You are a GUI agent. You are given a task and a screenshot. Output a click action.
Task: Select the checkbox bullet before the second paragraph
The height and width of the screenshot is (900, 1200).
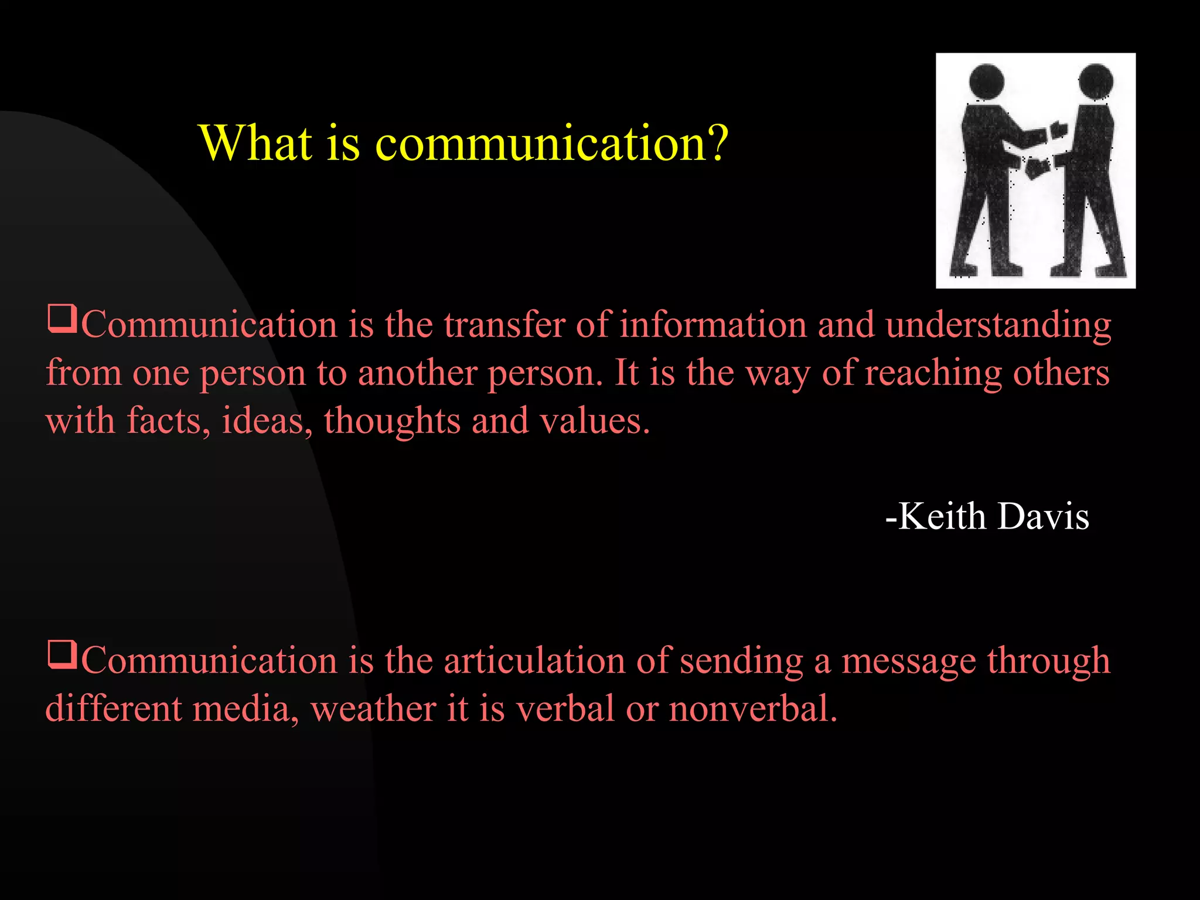pos(62,654)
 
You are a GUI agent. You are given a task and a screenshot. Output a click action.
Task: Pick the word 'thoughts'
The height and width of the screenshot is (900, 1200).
pos(392,422)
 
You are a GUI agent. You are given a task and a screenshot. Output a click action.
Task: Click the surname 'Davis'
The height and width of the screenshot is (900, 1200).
pos(1043,516)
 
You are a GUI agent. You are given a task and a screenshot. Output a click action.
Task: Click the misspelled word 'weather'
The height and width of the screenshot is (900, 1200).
pos(373,708)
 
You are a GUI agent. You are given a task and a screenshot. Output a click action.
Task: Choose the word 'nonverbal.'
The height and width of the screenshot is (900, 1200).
pos(753,708)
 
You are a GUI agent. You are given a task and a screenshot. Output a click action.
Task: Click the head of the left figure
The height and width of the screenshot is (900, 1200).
pos(987,81)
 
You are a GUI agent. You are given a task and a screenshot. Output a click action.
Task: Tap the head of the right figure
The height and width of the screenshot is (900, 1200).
pos(1095,80)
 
